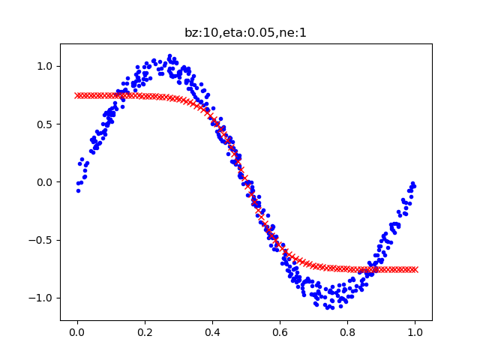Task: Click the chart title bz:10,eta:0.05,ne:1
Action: point(245,32)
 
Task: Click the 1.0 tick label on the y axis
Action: point(43,66)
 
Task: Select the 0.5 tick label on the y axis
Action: point(43,124)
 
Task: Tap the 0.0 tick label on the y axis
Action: point(43,182)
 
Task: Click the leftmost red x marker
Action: point(77,95)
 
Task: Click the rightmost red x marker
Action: point(415,269)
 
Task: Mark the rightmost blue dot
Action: point(413,183)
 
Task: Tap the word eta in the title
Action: point(224,32)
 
